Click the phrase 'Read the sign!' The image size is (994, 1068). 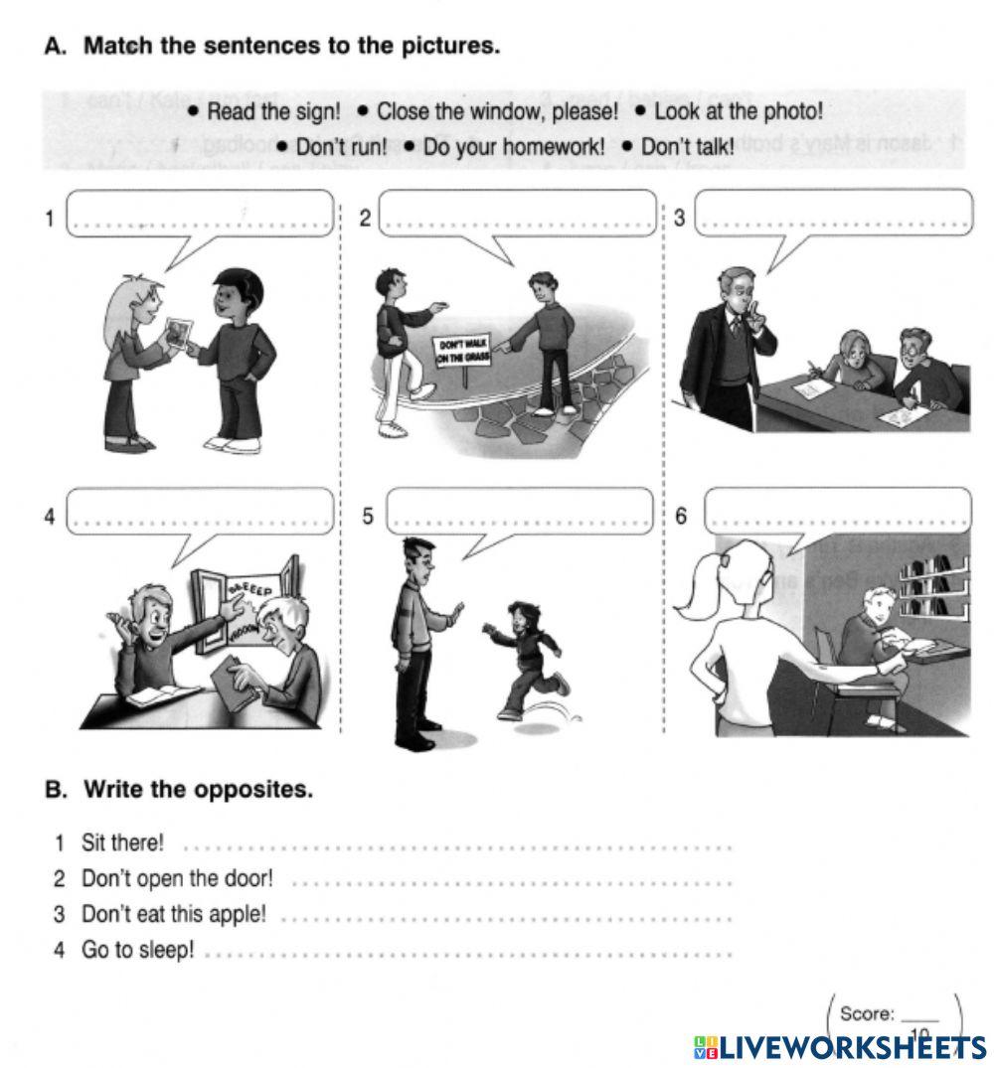click(272, 112)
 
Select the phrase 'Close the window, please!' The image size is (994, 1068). click(497, 112)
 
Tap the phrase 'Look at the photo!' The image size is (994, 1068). click(738, 112)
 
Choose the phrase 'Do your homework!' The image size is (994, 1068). click(513, 147)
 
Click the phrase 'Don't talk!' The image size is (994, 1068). click(687, 147)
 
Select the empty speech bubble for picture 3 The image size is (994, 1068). click(833, 215)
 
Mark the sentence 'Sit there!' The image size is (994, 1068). click(122, 843)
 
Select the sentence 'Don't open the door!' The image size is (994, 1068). click(176, 879)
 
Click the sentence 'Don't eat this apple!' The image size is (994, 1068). click(174, 914)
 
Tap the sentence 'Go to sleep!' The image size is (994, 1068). click(137, 950)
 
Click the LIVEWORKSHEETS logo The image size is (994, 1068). click(840, 1046)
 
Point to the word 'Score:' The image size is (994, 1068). click(867, 1013)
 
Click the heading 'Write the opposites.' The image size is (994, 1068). click(198, 790)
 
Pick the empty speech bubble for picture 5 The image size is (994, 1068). click(521, 511)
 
